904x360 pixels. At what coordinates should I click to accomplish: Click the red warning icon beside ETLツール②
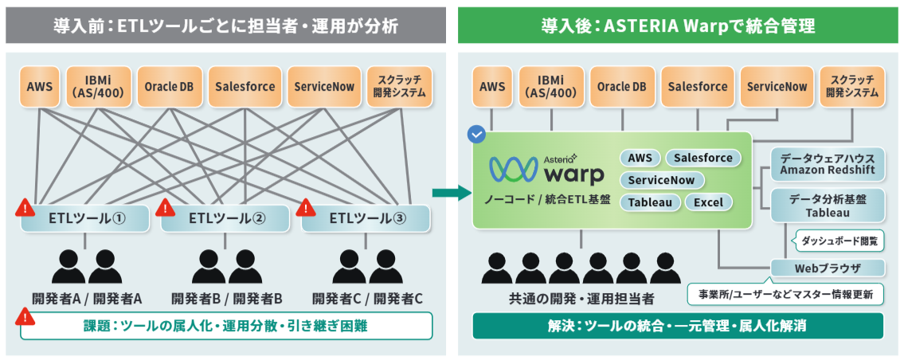[x=165, y=209]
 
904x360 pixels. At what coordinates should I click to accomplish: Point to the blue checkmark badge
[x=476, y=134]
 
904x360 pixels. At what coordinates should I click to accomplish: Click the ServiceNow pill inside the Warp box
[x=661, y=180]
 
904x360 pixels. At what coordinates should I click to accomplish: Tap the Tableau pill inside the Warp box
[x=648, y=202]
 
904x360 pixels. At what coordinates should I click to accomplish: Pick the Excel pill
[x=708, y=202]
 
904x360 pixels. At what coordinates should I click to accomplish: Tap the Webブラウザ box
[x=827, y=268]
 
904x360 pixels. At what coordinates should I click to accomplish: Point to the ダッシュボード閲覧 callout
[x=839, y=238]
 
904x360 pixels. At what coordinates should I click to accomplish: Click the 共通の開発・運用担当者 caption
[x=581, y=299]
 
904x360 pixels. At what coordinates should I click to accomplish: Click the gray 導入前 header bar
[x=225, y=25]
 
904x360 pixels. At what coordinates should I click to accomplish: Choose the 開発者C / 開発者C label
[x=366, y=299]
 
